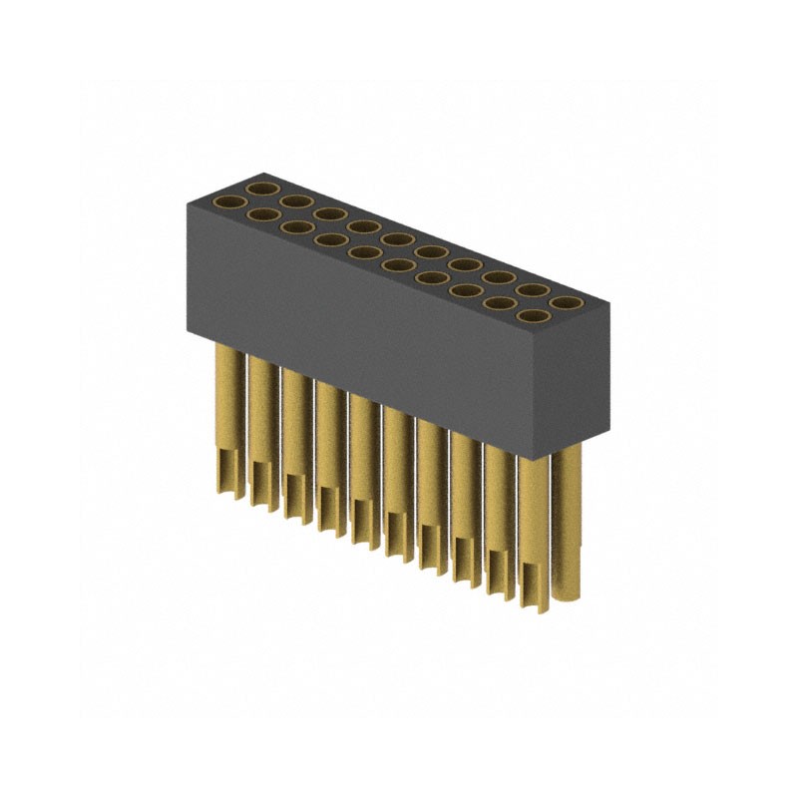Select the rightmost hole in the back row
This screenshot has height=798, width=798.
tap(567, 301)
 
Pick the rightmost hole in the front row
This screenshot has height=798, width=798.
tap(536, 318)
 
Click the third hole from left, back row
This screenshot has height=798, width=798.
tap(329, 213)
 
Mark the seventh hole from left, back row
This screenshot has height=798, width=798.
tap(465, 264)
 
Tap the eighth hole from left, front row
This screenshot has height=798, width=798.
tap(469, 292)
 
